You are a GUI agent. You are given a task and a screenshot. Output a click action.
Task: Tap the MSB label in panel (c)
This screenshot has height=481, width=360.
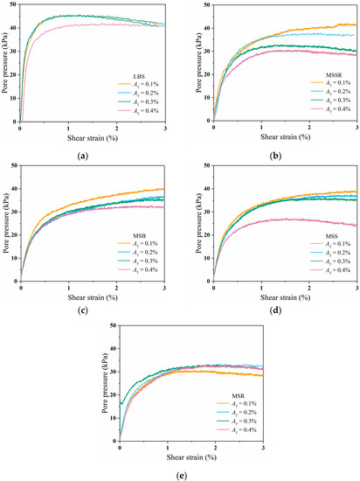(128, 236)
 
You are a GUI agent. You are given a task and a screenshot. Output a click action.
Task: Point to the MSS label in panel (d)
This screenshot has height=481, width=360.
(320, 235)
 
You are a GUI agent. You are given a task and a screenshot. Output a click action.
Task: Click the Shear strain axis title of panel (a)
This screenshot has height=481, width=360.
(93, 137)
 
